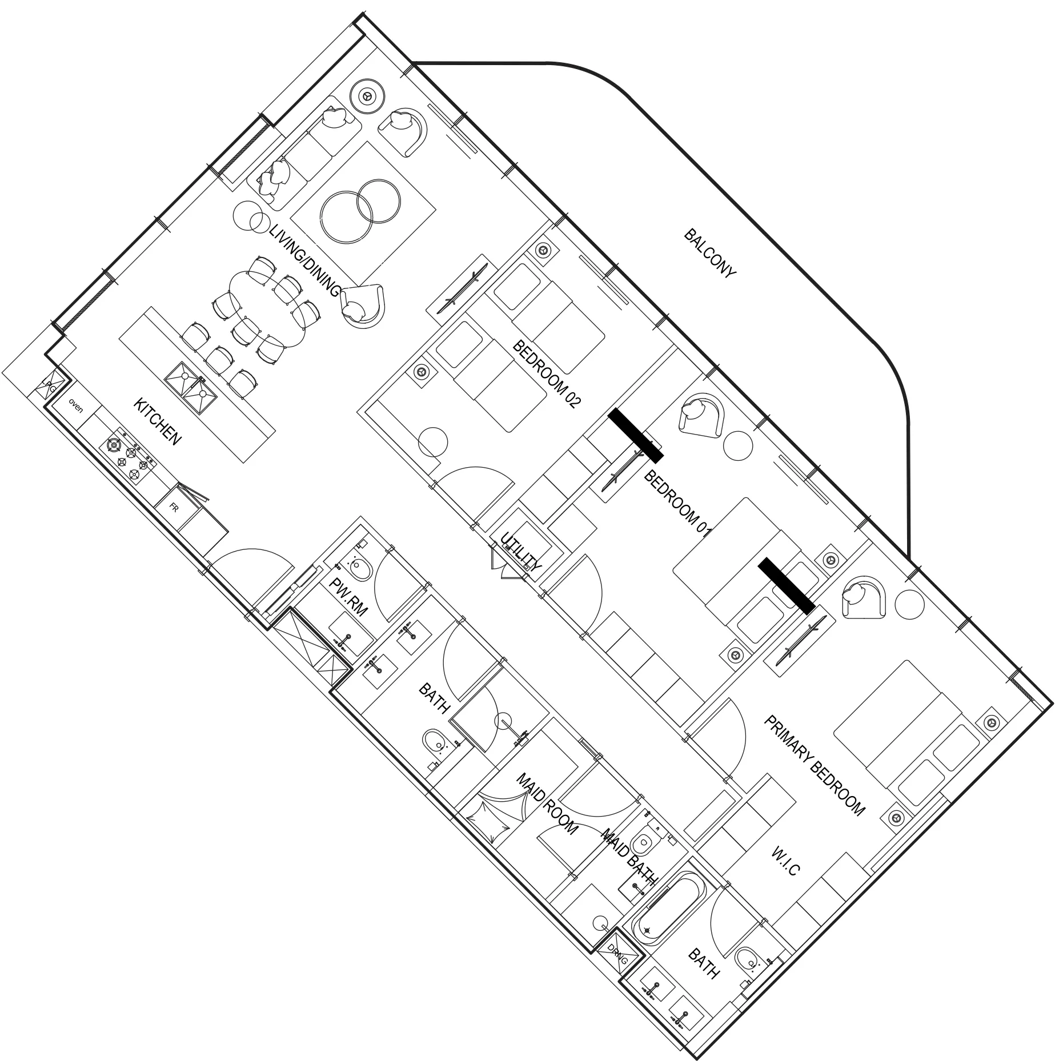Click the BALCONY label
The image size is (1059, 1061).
[710, 254]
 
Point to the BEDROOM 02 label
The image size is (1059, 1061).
[547, 373]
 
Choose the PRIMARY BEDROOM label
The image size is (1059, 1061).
[815, 765]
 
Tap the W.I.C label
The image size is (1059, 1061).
[785, 862]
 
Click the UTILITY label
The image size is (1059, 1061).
[520, 552]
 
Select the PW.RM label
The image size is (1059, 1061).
[350, 596]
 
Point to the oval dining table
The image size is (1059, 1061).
[267, 308]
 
